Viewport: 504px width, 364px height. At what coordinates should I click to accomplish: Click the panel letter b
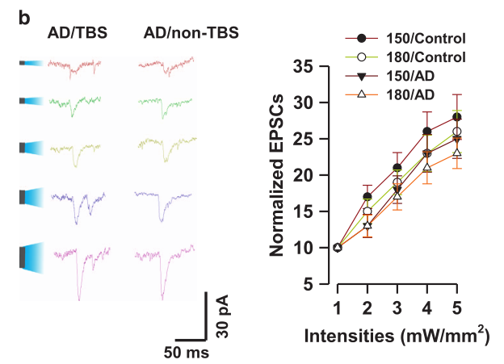(25, 15)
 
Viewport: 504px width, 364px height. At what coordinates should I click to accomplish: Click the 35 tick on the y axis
(316, 66)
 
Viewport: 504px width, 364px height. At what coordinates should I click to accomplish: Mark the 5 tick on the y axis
(321, 284)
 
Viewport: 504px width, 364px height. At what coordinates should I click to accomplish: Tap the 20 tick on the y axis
(316, 175)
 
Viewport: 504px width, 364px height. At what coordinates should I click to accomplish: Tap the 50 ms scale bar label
(187, 353)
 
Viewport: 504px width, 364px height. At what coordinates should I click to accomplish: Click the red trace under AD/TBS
(74, 65)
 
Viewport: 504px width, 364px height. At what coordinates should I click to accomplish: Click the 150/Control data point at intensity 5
(456, 116)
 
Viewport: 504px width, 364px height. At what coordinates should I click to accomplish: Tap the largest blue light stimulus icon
(31, 257)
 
